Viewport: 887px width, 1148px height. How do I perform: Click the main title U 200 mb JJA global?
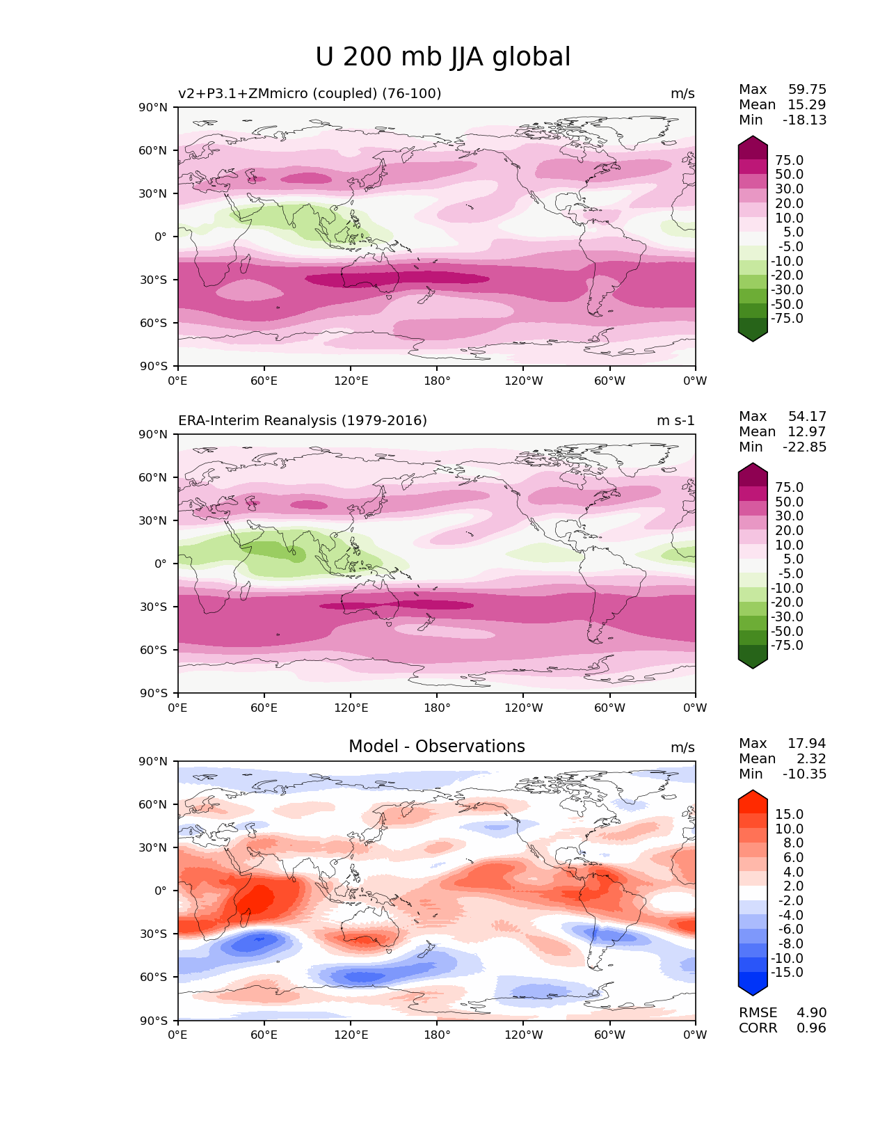442,57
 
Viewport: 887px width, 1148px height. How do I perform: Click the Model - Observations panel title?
436,747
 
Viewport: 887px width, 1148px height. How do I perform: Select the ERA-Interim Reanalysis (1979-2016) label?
303,421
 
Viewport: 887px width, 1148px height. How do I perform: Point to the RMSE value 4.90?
811,1013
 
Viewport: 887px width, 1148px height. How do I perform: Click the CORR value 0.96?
811,1028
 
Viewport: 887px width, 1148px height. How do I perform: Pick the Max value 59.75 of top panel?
807,90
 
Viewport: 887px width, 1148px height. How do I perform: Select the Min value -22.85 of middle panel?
804,447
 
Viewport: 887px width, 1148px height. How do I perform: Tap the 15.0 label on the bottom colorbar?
789,815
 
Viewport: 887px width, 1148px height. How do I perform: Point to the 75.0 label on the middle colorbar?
789,488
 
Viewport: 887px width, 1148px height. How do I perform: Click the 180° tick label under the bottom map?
437,1035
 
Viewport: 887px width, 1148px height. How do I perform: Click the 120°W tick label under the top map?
523,381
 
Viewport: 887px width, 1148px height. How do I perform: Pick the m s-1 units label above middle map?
676,421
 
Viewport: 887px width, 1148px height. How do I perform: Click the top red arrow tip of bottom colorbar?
753,795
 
